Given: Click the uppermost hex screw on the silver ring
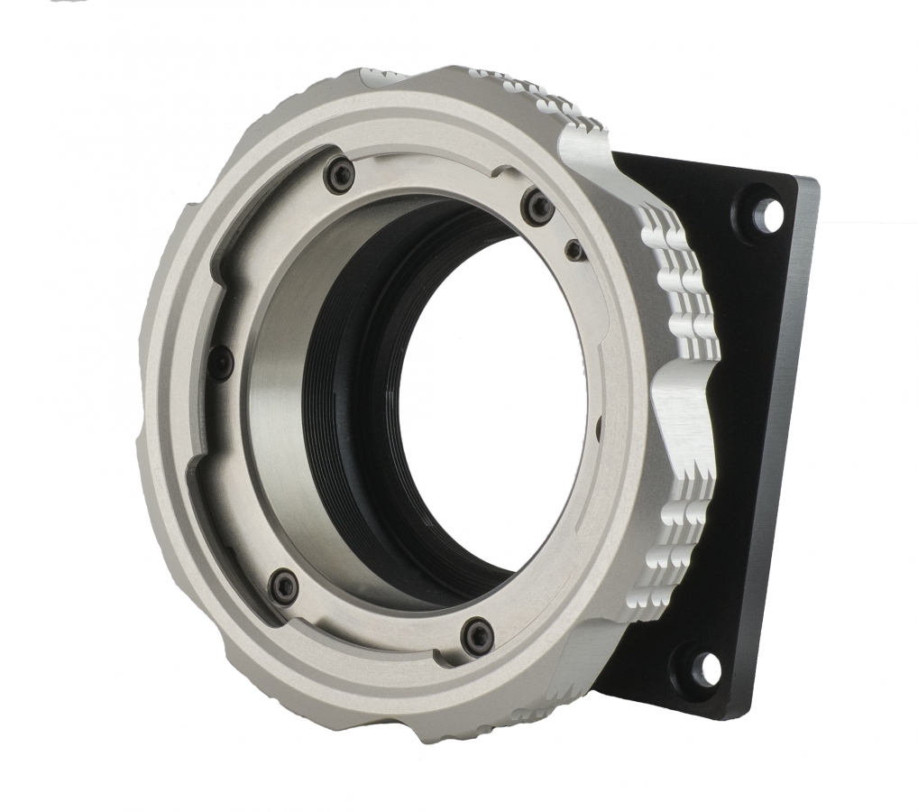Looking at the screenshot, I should pos(340,174).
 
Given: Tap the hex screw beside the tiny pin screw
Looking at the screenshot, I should pos(539,208).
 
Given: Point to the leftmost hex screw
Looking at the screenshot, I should pos(219,363).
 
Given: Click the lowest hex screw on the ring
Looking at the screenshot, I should pos(476,637).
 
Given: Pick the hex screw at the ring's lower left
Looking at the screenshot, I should pos(283,584).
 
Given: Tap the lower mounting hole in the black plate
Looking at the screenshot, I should pos(707,667).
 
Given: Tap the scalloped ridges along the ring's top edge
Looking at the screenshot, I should pos(523,90).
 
